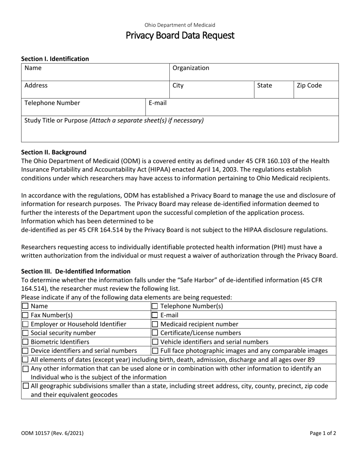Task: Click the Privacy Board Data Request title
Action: click(x=180, y=36)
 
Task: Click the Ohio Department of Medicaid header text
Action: click(x=180, y=25)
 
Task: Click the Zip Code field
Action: click(x=316, y=90)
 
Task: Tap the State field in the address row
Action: click(x=274, y=90)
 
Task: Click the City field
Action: click(x=211, y=90)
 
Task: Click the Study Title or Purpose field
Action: click(x=180, y=129)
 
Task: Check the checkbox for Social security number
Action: click(x=25, y=333)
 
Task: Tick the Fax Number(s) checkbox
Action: click(x=25, y=315)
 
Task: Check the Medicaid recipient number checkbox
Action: click(x=155, y=324)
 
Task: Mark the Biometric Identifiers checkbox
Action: click(x=25, y=342)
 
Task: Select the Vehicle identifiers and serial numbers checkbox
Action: click(x=155, y=342)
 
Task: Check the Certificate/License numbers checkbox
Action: click(x=155, y=333)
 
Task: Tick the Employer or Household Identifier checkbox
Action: click(x=25, y=324)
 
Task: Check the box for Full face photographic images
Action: click(x=155, y=351)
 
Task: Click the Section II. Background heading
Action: click(x=54, y=152)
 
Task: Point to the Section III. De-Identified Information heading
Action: click(x=76, y=271)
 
